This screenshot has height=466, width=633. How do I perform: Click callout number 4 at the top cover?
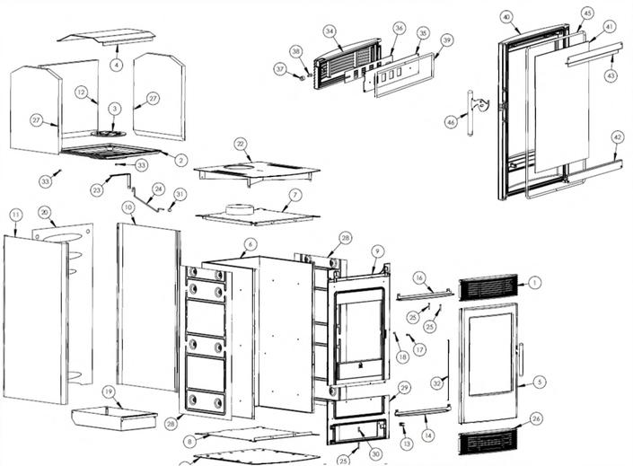click(117, 66)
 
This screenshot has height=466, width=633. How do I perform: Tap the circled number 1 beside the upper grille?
click(535, 282)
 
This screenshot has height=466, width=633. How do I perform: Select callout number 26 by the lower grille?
click(536, 418)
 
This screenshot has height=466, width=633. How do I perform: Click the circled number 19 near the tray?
click(107, 391)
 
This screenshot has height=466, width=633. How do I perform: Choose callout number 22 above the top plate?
click(240, 144)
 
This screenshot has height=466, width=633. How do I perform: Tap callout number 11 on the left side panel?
click(15, 214)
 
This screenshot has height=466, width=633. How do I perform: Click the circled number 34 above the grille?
click(330, 31)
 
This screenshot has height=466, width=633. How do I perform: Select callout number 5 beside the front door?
click(539, 382)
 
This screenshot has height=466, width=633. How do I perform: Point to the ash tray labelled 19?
click(113, 417)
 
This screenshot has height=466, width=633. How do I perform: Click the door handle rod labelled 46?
click(469, 112)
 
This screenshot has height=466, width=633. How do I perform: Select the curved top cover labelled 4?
click(108, 37)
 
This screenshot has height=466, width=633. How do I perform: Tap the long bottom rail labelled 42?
click(575, 169)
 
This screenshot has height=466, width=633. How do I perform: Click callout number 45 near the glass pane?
click(587, 13)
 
